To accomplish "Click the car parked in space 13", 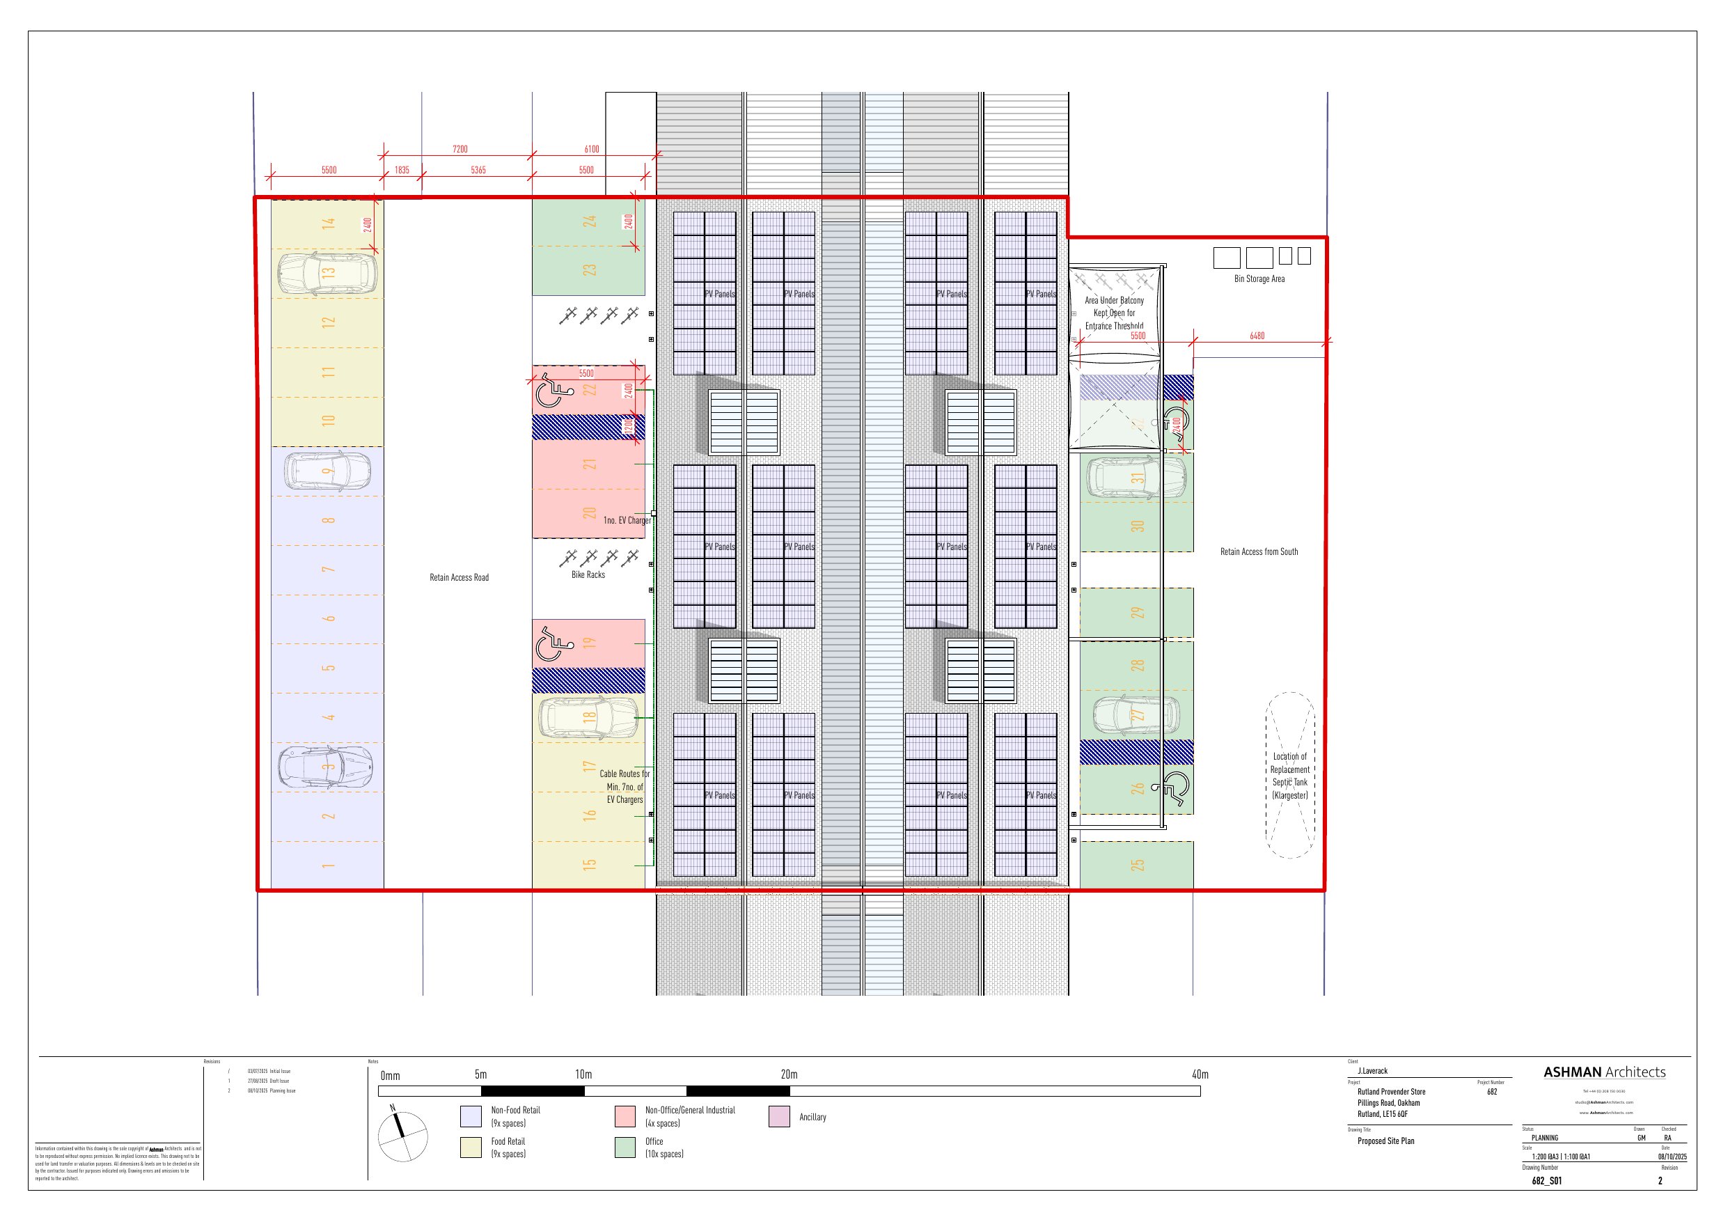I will (x=327, y=272).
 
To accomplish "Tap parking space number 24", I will (x=589, y=221).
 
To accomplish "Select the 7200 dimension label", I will (x=460, y=149).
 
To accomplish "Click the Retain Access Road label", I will (x=459, y=577).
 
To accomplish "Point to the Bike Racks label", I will (x=588, y=574).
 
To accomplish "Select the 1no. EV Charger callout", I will (x=626, y=520).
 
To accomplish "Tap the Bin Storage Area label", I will (x=1259, y=279).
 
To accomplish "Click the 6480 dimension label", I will (x=1257, y=336).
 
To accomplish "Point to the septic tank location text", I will (x=1290, y=776).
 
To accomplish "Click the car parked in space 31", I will (x=1135, y=476).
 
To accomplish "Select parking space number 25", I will (x=1137, y=865).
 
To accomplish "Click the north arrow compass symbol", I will (x=402, y=1136).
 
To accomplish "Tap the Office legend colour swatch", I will (x=625, y=1147).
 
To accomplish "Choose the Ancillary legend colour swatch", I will (x=779, y=1117).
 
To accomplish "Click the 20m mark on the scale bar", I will (x=789, y=1074).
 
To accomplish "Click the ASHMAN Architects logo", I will (x=1604, y=1072).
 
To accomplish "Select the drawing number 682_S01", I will (x=1546, y=1181).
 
